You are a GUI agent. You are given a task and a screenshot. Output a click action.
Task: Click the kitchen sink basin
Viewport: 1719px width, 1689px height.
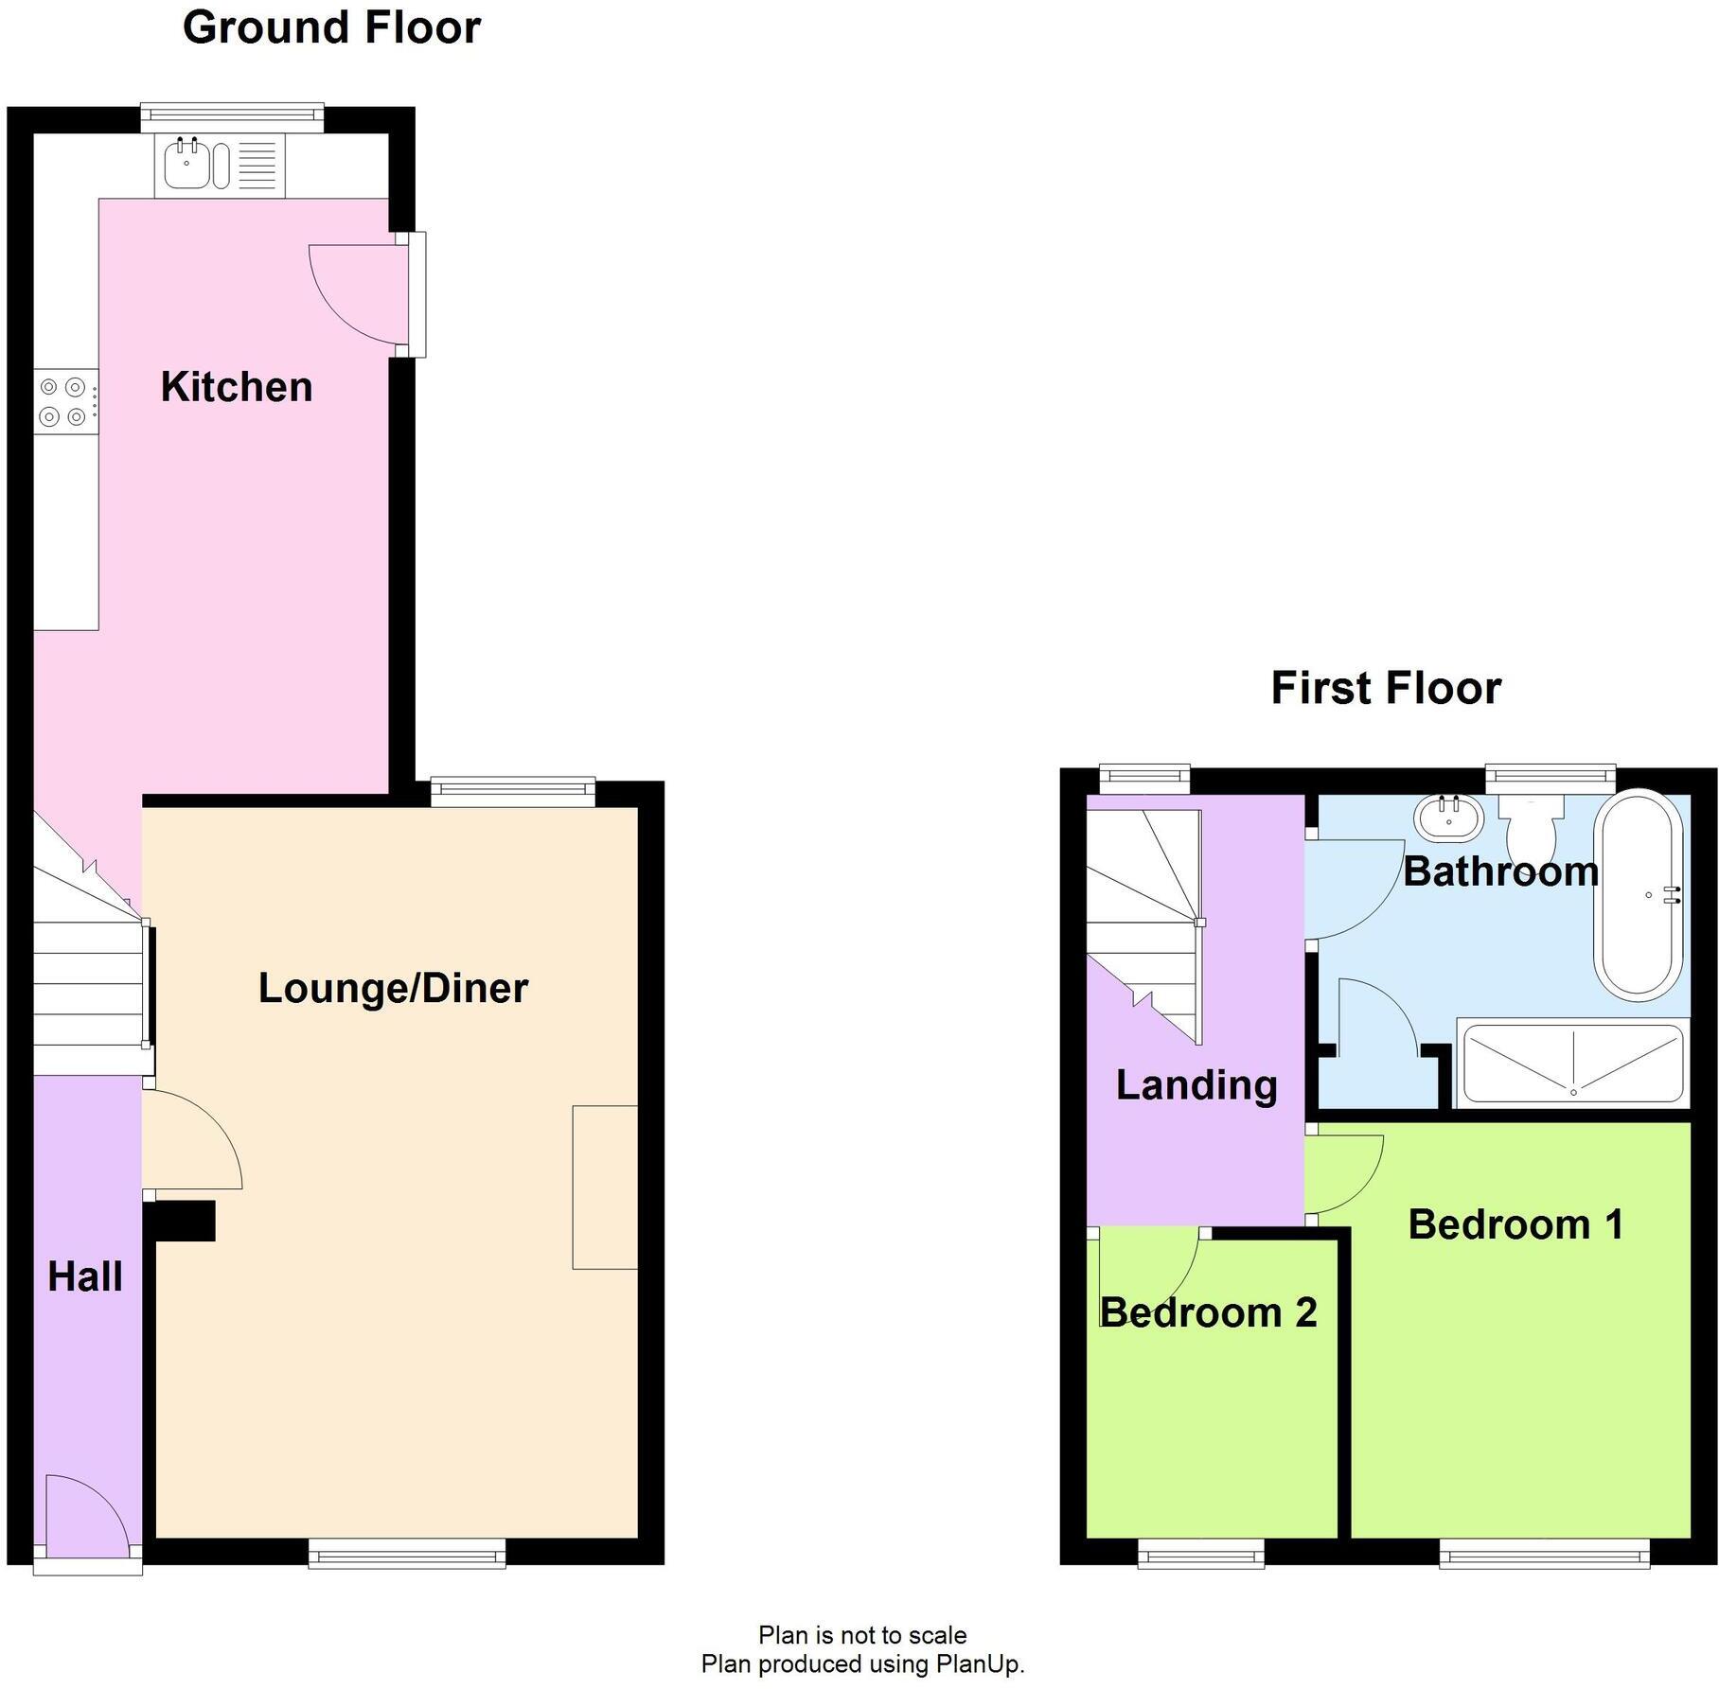click(187, 165)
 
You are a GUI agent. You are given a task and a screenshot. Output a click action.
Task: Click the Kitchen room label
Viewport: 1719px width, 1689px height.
click(237, 387)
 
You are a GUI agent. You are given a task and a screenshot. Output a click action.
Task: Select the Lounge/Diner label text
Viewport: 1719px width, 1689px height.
click(393, 989)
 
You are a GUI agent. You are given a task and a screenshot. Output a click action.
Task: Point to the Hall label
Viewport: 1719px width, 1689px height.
click(85, 1276)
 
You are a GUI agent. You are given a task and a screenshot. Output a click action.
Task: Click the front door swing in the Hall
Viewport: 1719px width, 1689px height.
click(86, 1514)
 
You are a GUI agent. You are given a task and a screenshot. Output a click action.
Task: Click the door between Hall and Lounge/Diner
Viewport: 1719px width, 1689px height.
click(193, 1140)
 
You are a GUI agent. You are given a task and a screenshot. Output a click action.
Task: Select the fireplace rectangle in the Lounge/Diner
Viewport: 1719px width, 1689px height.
click(605, 1187)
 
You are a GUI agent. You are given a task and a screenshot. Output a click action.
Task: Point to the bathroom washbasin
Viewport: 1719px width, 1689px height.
click(1449, 818)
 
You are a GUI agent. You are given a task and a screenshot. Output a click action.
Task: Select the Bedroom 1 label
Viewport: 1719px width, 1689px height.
click(1516, 1224)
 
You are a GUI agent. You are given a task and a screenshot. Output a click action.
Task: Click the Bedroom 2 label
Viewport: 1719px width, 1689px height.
click(1209, 1312)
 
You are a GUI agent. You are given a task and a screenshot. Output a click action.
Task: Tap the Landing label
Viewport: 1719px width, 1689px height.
click(1196, 1085)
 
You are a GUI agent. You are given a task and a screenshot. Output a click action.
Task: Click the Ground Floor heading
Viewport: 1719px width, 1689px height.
click(332, 27)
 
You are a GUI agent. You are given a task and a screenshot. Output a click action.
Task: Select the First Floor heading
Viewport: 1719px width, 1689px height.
click(1386, 688)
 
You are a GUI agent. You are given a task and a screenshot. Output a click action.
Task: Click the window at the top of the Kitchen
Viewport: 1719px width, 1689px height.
click(232, 117)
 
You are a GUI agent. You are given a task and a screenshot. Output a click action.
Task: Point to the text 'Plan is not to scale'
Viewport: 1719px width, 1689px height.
click(862, 1635)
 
